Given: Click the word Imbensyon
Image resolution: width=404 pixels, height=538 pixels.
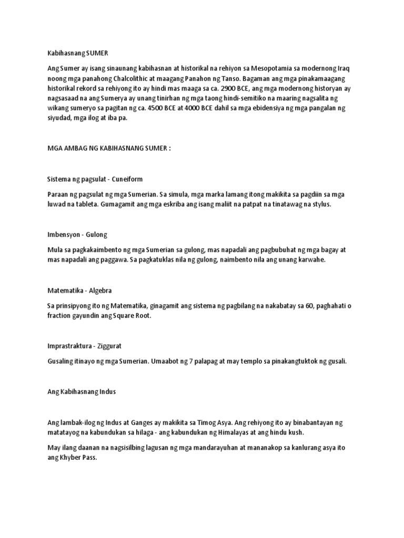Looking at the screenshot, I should [62, 234].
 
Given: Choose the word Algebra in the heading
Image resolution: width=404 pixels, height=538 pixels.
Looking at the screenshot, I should [100, 290].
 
